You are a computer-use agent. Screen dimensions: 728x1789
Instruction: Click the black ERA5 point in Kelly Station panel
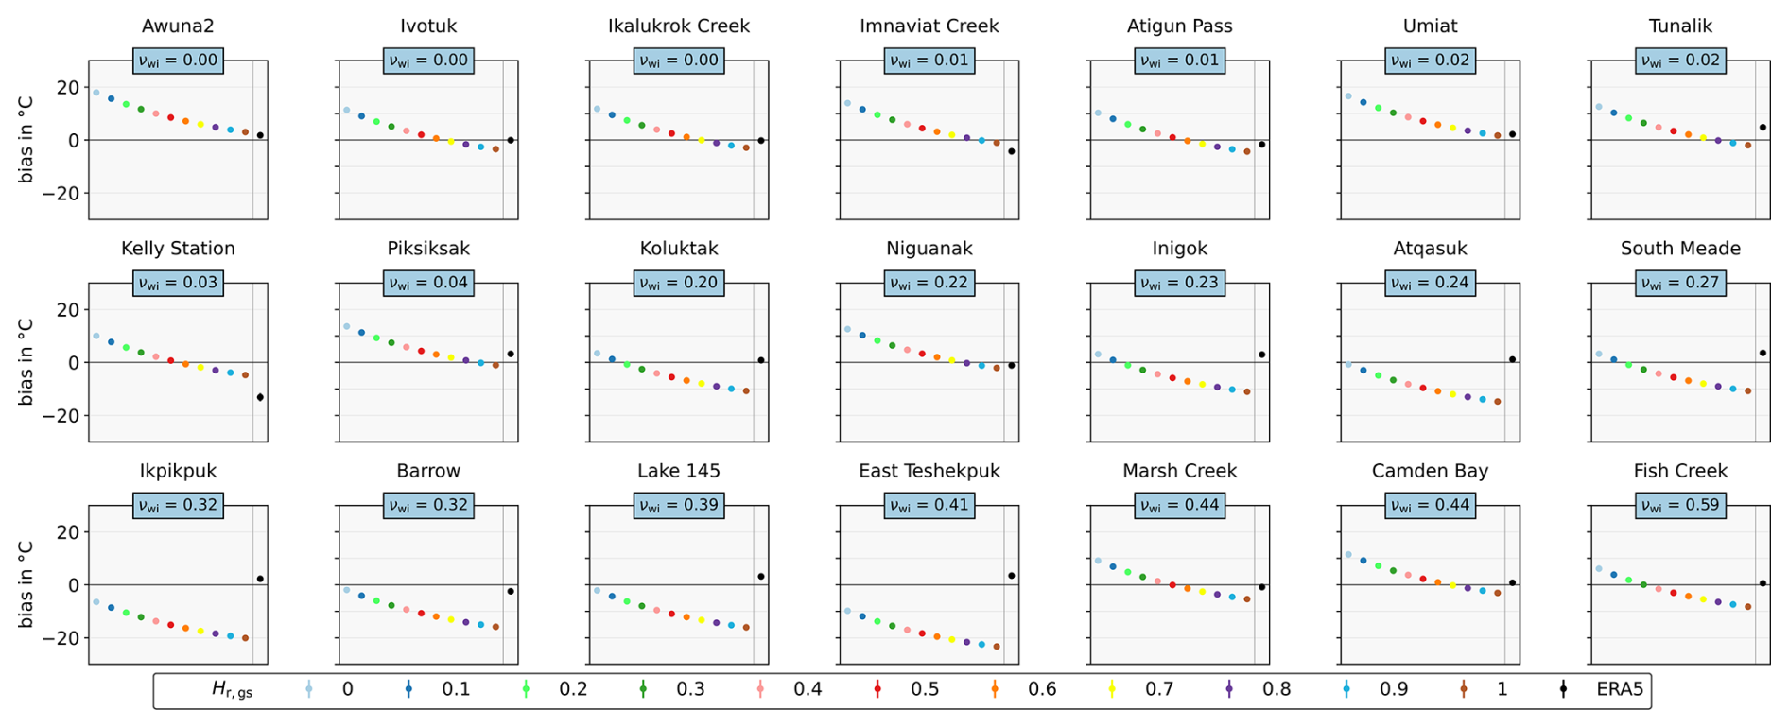pyautogui.click(x=260, y=397)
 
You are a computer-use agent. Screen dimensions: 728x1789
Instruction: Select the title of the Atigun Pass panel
pyautogui.click(x=1179, y=26)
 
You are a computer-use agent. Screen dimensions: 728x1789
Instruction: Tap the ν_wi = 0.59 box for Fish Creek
pyautogui.click(x=1680, y=505)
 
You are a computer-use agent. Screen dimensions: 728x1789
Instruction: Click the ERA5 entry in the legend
pyautogui.click(x=1619, y=689)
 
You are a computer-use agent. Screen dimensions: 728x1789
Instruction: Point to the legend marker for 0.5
pyautogui.click(x=877, y=689)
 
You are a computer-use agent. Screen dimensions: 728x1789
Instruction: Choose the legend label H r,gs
pyautogui.click(x=232, y=690)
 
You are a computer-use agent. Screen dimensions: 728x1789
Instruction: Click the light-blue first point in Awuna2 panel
pyautogui.click(x=96, y=93)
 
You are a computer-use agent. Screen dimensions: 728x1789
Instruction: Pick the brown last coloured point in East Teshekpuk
pyautogui.click(x=997, y=647)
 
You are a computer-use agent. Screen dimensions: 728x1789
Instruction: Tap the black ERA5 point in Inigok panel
pyautogui.click(x=1261, y=355)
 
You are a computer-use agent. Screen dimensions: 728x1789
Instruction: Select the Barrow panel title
pyautogui.click(x=428, y=471)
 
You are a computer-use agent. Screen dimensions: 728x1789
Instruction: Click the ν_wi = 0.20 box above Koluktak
pyautogui.click(x=679, y=283)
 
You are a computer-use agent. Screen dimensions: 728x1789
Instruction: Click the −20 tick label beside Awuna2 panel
pyautogui.click(x=68, y=193)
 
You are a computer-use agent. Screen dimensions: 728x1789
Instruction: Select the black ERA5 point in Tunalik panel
pyautogui.click(x=1763, y=127)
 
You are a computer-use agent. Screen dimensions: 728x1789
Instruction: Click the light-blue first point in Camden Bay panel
pyautogui.click(x=1348, y=555)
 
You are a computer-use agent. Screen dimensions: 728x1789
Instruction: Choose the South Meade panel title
pyautogui.click(x=1680, y=249)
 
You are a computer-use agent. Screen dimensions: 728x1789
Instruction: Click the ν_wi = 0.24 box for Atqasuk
pyautogui.click(x=1430, y=283)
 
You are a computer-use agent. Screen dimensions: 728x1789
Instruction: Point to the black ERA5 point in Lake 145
pyautogui.click(x=761, y=576)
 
